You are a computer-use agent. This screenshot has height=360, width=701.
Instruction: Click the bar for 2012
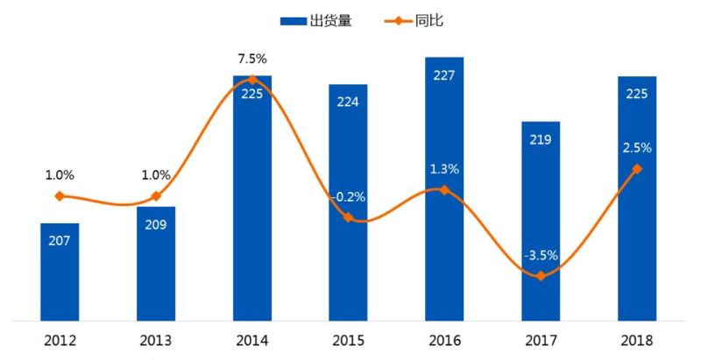point(60,272)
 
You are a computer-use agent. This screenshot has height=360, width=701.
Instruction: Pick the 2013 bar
point(156,263)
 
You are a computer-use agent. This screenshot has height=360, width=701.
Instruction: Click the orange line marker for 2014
point(252,80)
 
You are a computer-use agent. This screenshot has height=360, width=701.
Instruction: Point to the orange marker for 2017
point(541,276)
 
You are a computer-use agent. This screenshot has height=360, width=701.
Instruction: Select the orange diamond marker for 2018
point(637,168)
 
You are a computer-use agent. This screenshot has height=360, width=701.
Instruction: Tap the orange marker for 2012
point(60,196)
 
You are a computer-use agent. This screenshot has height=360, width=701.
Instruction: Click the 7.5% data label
point(252,59)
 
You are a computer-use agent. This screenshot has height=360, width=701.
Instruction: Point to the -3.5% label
point(541,256)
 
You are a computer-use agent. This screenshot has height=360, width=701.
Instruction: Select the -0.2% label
point(348,197)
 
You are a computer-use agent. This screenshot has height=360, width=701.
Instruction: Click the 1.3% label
point(444,168)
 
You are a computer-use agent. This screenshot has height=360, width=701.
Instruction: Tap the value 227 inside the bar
point(444,75)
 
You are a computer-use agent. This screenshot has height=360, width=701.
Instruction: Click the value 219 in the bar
point(541,139)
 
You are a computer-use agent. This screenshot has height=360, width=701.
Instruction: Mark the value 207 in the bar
point(60,241)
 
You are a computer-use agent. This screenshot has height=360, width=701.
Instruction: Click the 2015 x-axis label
point(348,340)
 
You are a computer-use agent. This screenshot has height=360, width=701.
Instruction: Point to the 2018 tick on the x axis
point(637,340)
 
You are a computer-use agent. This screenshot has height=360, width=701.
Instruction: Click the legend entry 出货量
point(316,20)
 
